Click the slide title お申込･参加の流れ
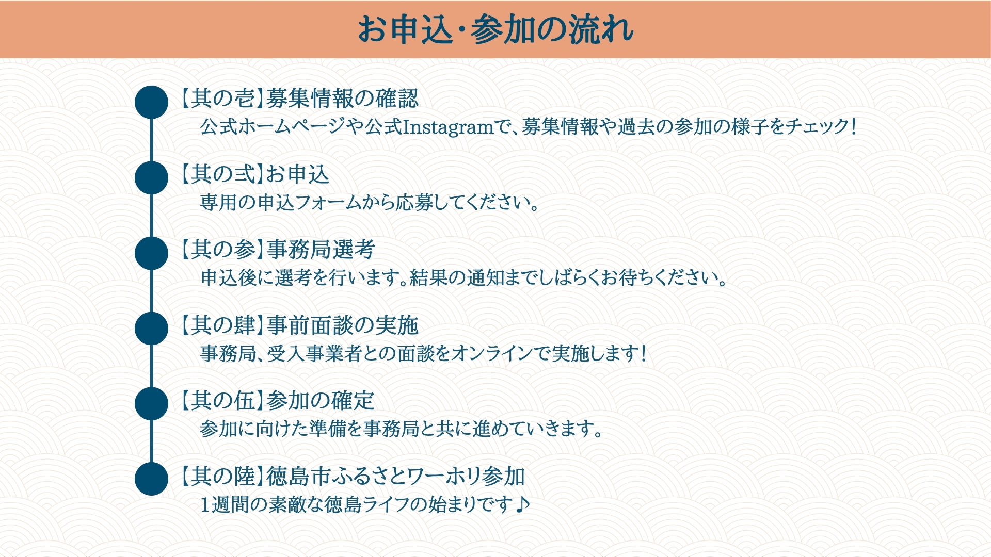[x=495, y=29]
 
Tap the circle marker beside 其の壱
[x=151, y=102]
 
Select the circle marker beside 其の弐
[x=151, y=178]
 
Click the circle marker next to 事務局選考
[x=151, y=253]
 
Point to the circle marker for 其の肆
[x=151, y=329]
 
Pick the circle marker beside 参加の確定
[x=151, y=404]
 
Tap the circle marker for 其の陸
[x=151, y=479]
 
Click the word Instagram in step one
[x=448, y=127]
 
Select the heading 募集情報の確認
[x=342, y=99]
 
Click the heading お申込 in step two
[x=298, y=174]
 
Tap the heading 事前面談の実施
[x=342, y=325]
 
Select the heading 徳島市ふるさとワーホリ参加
[x=396, y=476]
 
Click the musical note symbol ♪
[x=523, y=503]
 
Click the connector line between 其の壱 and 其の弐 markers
[x=151, y=140]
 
